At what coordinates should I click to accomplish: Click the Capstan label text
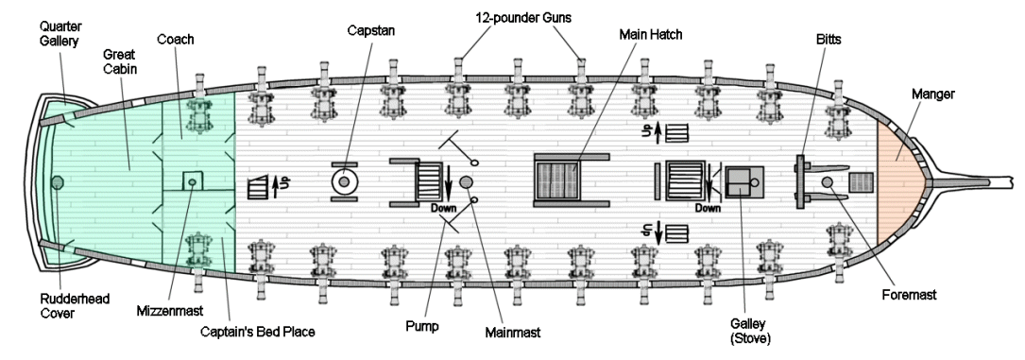pyautogui.click(x=370, y=30)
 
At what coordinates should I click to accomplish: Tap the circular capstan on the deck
pyautogui.click(x=344, y=181)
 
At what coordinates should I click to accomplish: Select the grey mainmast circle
pyautogui.click(x=466, y=181)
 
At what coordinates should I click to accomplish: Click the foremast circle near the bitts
pyautogui.click(x=827, y=181)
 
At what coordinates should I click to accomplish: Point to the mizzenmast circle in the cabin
pyautogui.click(x=192, y=182)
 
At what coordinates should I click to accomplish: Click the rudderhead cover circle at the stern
pyautogui.click(x=58, y=182)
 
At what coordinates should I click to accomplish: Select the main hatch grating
pyautogui.click(x=557, y=181)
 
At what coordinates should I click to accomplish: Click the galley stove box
pyautogui.click(x=744, y=181)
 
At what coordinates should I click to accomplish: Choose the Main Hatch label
pyautogui.click(x=651, y=35)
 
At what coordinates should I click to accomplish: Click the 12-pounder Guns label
pyautogui.click(x=522, y=18)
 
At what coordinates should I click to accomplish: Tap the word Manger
pyautogui.click(x=932, y=94)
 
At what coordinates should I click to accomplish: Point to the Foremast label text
pyautogui.click(x=909, y=295)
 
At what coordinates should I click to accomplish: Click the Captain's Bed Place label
pyautogui.click(x=258, y=332)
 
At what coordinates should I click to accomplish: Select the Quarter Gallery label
pyautogui.click(x=59, y=34)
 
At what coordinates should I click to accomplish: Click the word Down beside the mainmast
pyautogui.click(x=443, y=209)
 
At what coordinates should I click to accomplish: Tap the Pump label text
pyautogui.click(x=421, y=326)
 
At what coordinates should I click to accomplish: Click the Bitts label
pyautogui.click(x=829, y=40)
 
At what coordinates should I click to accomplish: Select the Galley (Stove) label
pyautogui.click(x=751, y=332)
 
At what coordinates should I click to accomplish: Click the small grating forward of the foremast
pyautogui.click(x=861, y=181)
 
